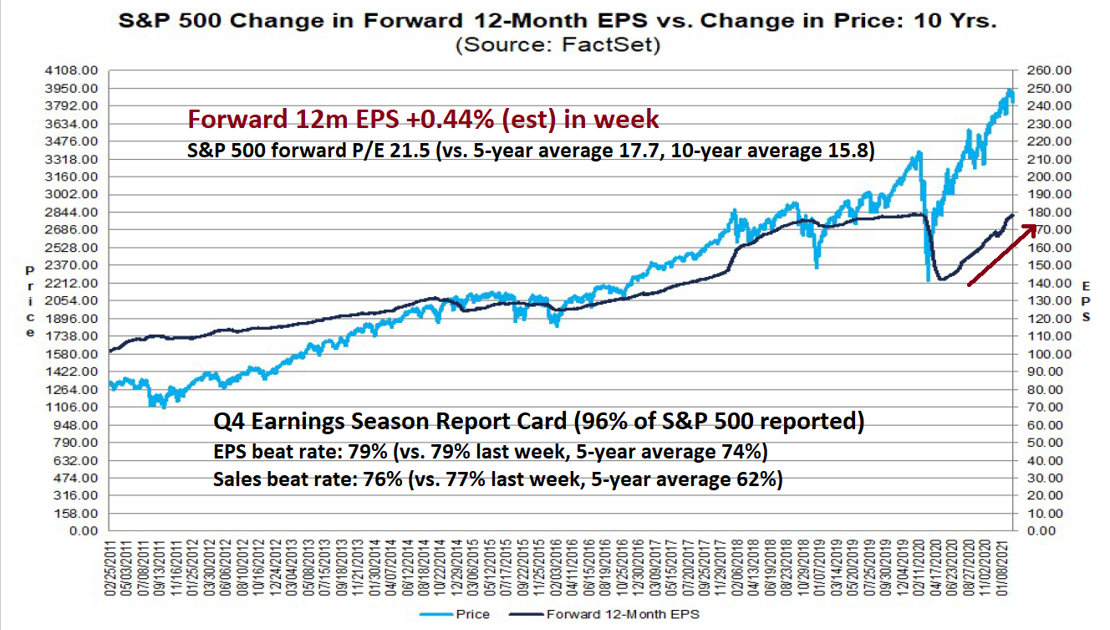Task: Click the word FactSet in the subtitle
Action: pyautogui.click(x=614, y=46)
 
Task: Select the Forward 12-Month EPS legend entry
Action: pyautogui.click(x=622, y=615)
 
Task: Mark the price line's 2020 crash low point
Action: pyautogui.click(x=929, y=280)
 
